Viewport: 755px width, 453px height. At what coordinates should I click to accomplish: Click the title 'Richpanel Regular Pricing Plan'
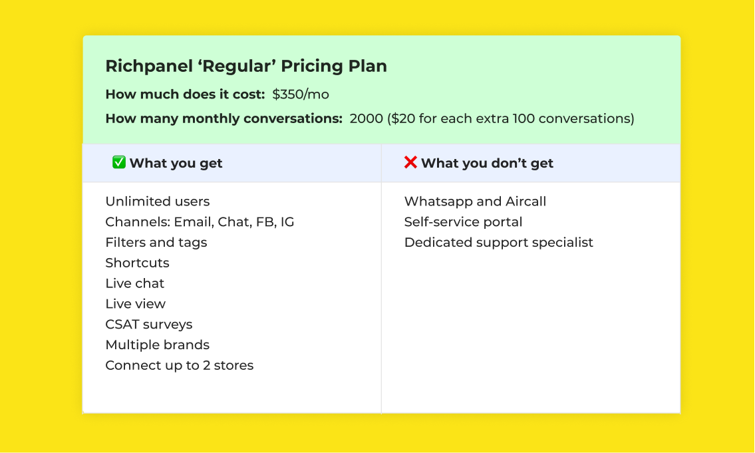pyautogui.click(x=246, y=67)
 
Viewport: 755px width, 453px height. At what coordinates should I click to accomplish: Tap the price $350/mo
pyautogui.click(x=301, y=94)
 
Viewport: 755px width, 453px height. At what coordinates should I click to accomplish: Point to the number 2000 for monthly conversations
pyautogui.click(x=366, y=119)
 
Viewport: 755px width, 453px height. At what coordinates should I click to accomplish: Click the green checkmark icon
pyautogui.click(x=119, y=162)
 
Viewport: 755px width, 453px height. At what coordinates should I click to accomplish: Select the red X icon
pyautogui.click(x=410, y=162)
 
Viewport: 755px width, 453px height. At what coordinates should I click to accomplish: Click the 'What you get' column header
pyautogui.click(x=176, y=164)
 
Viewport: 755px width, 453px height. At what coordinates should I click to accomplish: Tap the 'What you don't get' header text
pyautogui.click(x=487, y=164)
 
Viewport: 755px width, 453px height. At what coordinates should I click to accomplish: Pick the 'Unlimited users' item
pyautogui.click(x=157, y=202)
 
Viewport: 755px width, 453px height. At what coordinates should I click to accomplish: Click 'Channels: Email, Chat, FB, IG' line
pyautogui.click(x=200, y=222)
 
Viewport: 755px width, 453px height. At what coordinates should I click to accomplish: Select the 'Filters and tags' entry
pyautogui.click(x=156, y=243)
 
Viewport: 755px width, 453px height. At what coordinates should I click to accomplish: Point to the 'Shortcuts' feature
pyautogui.click(x=137, y=263)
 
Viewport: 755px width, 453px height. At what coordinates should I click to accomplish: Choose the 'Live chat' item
pyautogui.click(x=134, y=283)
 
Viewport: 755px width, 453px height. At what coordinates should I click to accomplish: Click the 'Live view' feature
pyautogui.click(x=135, y=304)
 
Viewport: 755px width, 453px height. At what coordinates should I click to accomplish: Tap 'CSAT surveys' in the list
pyautogui.click(x=148, y=325)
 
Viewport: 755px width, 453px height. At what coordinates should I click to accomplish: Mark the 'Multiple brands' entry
pyautogui.click(x=157, y=345)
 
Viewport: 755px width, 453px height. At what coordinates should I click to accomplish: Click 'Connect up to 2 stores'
pyautogui.click(x=179, y=366)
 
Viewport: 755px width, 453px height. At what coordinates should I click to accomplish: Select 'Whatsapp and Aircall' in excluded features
pyautogui.click(x=475, y=202)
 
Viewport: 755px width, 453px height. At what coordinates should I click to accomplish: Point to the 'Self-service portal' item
pyautogui.click(x=463, y=222)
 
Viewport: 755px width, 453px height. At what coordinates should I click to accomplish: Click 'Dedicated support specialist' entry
pyautogui.click(x=498, y=243)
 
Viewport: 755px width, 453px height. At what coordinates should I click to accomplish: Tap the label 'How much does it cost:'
pyautogui.click(x=185, y=94)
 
